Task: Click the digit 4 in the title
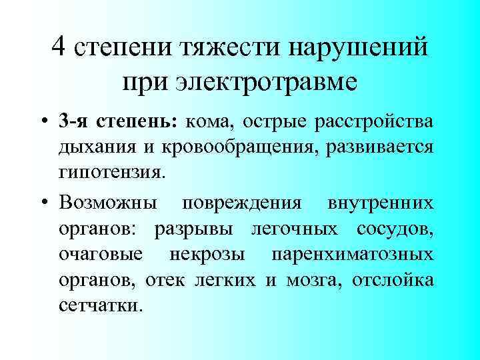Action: coord(59,47)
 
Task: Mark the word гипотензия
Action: coord(110,173)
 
